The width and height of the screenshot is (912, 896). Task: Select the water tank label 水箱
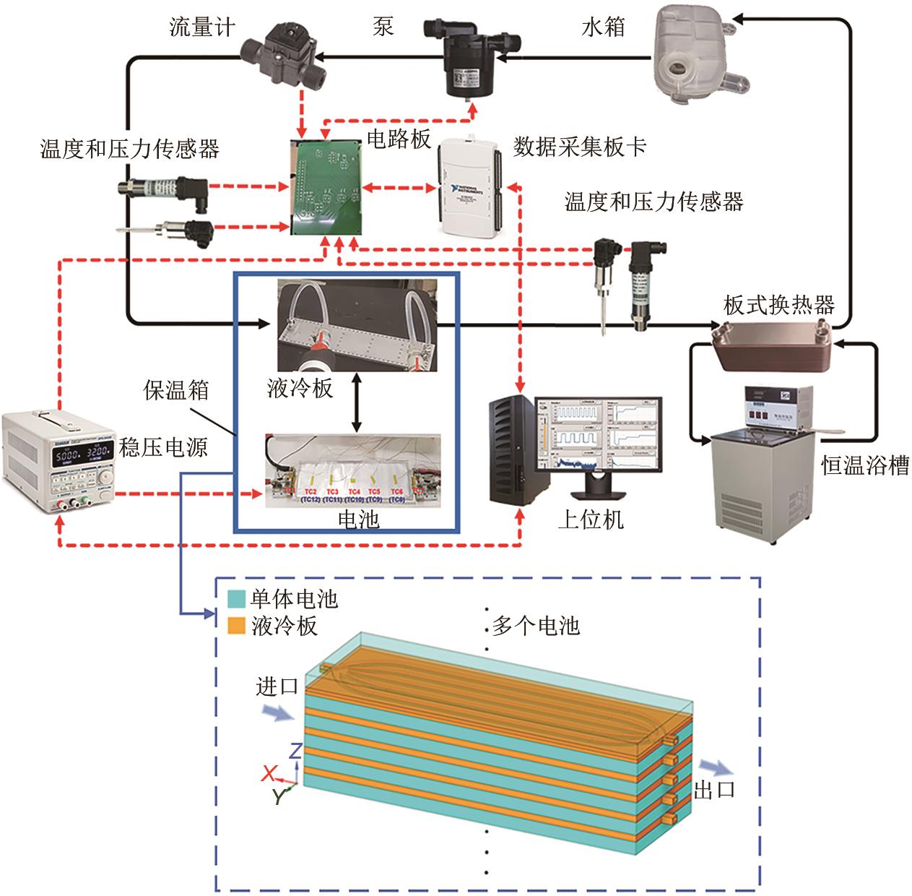click(x=603, y=28)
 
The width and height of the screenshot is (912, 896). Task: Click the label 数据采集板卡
click(x=579, y=147)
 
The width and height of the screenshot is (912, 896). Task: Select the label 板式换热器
click(x=779, y=305)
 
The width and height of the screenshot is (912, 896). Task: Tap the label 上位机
click(x=590, y=519)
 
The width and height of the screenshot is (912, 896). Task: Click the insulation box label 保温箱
click(x=175, y=390)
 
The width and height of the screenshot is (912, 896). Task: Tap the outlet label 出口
click(x=714, y=790)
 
